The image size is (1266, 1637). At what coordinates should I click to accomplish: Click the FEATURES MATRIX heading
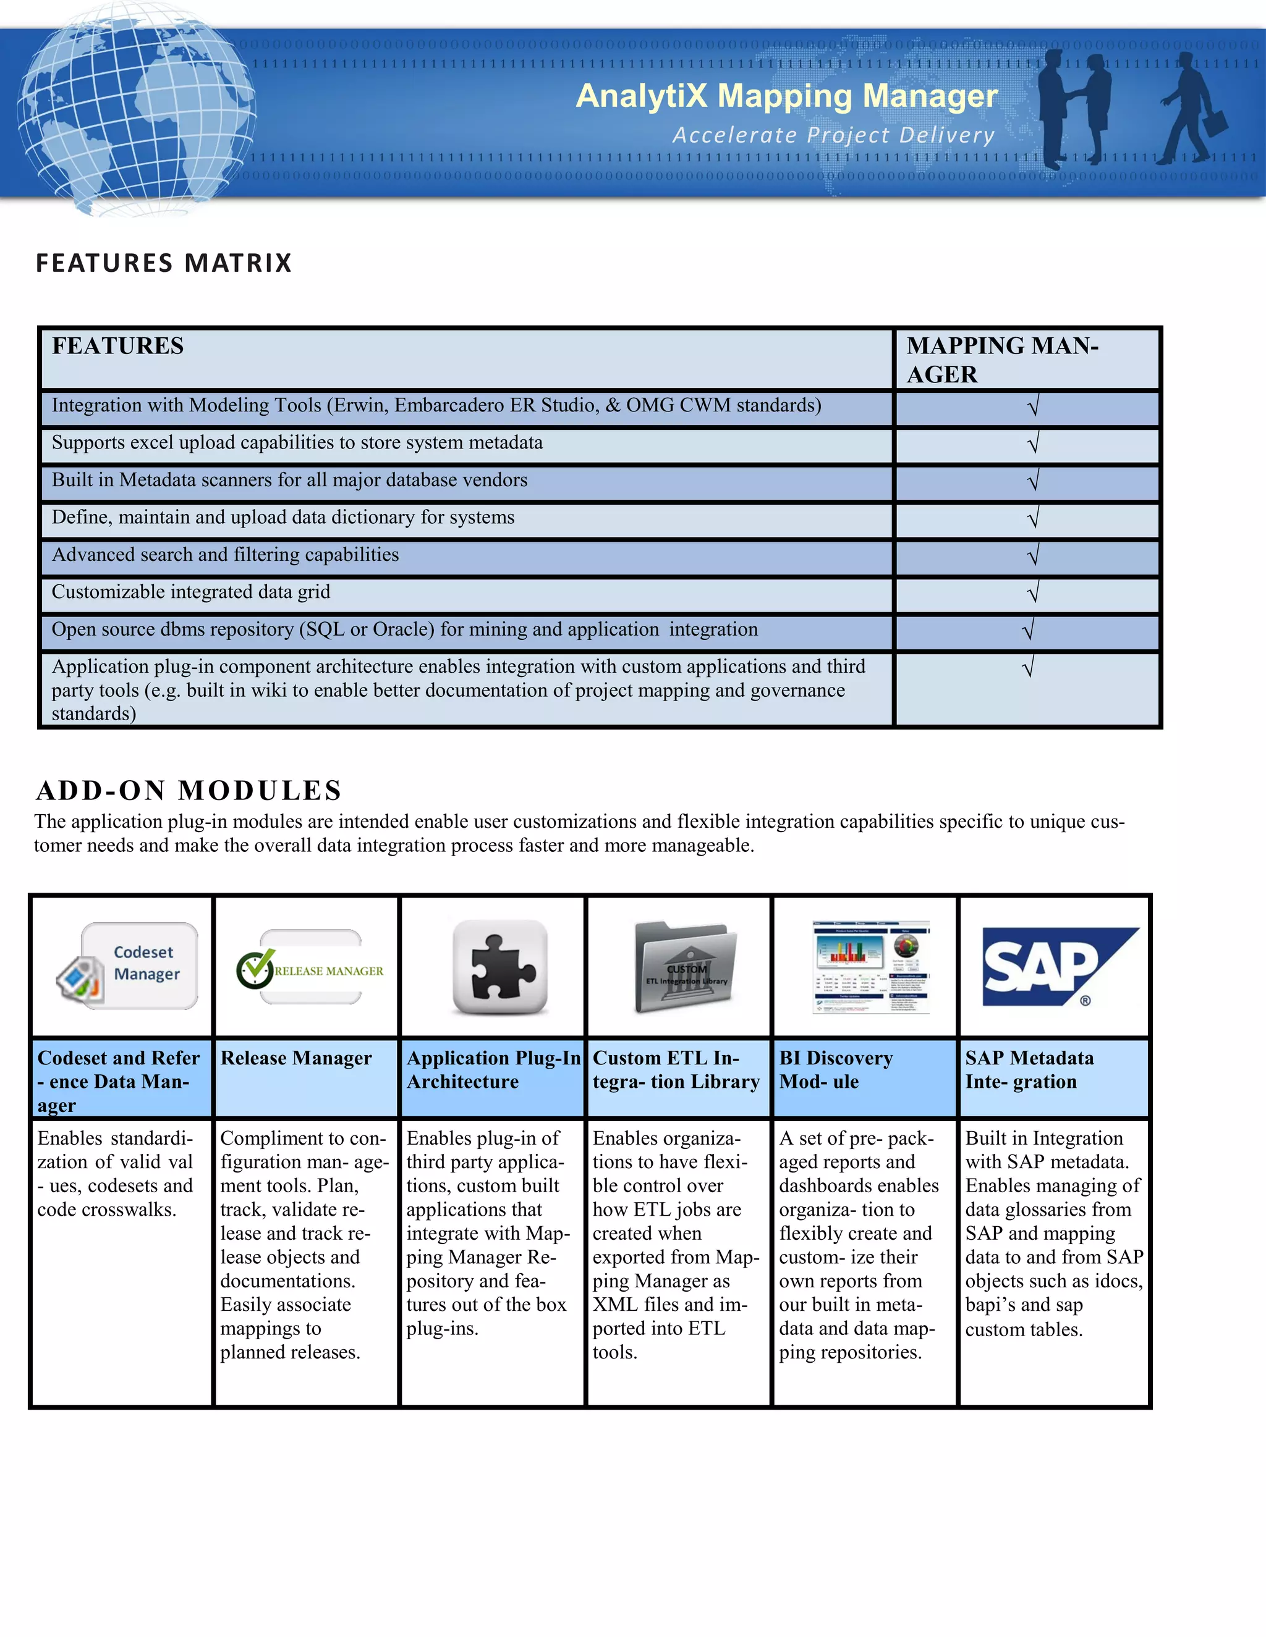[x=163, y=263]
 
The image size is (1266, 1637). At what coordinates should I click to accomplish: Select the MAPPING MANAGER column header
[x=1002, y=359]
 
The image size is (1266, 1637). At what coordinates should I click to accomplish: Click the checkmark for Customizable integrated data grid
[x=1033, y=594]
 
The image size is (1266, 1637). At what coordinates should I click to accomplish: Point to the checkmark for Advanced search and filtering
[x=1033, y=556]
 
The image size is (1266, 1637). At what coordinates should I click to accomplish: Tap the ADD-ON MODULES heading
[x=189, y=790]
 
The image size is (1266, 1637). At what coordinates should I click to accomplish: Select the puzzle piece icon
[x=500, y=967]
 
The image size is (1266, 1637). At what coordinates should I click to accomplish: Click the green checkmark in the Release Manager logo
[x=255, y=969]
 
